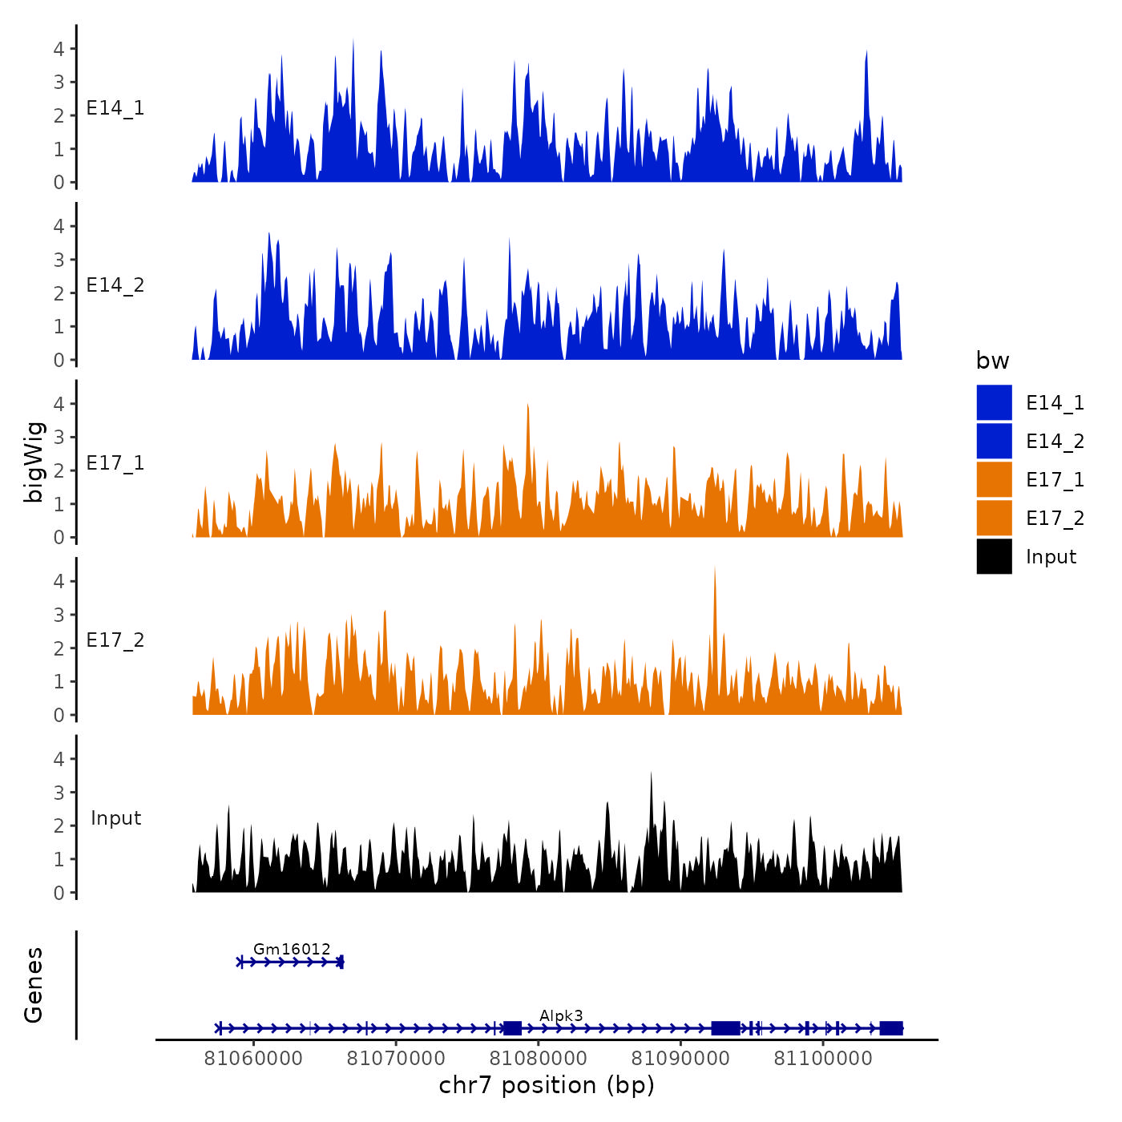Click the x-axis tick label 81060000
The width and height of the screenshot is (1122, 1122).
coord(253,1058)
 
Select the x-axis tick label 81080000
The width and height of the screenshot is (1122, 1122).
coord(538,1058)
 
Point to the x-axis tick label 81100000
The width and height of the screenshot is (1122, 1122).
coord(822,1058)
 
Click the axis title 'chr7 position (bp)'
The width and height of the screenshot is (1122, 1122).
coord(547,1085)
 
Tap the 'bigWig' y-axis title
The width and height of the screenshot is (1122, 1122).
coord(34,462)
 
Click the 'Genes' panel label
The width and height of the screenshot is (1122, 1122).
coord(34,985)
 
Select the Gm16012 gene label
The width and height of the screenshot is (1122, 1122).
coord(292,950)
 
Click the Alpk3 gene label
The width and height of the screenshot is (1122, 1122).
coord(561,1016)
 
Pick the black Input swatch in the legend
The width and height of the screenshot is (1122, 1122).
coord(994,557)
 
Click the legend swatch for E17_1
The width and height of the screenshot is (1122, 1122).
coord(994,480)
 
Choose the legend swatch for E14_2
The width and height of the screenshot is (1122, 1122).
coord(994,442)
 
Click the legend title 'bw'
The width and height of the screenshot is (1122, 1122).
coord(992,361)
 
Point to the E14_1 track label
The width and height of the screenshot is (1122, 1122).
coord(115,108)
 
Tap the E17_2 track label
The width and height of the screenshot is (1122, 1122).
coord(115,640)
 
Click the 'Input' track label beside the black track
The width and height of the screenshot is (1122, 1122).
coord(115,818)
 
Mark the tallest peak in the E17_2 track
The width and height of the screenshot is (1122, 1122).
coord(714,567)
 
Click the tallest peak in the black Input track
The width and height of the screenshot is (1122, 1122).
coord(651,774)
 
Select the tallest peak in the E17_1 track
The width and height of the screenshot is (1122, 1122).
coord(527,405)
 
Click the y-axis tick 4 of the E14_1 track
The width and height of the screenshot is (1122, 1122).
coord(59,49)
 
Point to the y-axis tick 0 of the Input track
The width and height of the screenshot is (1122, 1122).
coord(59,893)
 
